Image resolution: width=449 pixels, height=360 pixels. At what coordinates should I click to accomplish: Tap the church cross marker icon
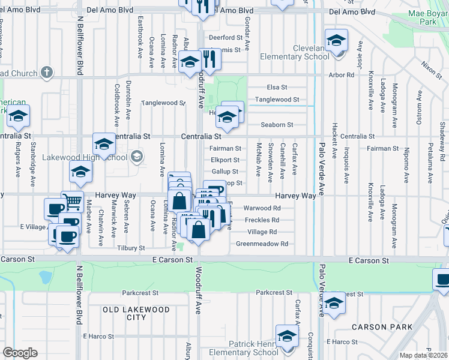tap(46, 73)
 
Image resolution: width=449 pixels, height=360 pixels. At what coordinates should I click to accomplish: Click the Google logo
tap(20, 353)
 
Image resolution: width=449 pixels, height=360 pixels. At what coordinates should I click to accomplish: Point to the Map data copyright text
tap(423, 355)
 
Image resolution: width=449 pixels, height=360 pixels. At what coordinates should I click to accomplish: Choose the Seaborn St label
tap(277, 125)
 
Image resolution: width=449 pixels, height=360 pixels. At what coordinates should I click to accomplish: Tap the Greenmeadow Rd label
tap(262, 244)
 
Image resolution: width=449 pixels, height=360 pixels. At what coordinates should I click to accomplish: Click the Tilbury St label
tap(131, 248)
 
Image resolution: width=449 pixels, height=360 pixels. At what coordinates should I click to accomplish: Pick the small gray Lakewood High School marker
tap(136, 157)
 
